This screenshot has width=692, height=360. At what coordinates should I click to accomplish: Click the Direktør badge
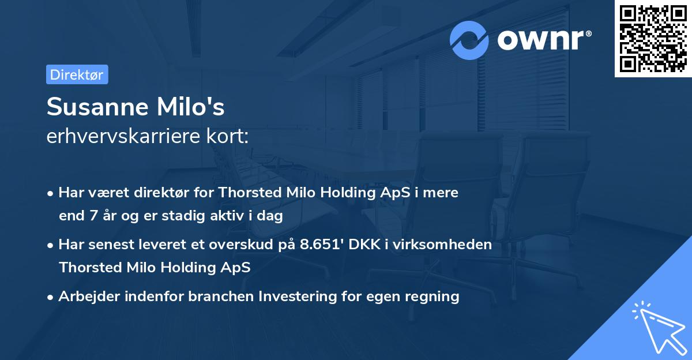(77, 74)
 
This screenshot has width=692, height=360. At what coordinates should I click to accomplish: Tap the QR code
(653, 38)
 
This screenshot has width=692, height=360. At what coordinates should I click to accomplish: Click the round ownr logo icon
(469, 40)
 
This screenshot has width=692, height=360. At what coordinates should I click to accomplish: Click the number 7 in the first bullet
(95, 216)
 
